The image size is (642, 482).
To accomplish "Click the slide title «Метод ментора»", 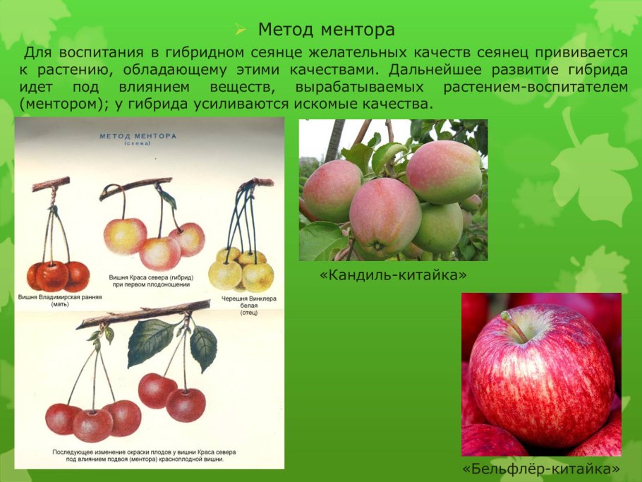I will tap(325, 30).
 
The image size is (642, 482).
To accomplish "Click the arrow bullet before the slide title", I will tap(241, 30).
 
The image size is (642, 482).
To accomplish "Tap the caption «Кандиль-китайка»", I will tap(393, 273).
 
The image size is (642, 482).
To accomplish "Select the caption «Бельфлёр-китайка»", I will tap(541, 468).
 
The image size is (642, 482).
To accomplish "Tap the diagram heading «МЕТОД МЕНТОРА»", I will tap(138, 135).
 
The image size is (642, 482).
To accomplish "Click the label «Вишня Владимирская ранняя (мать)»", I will tap(60, 301).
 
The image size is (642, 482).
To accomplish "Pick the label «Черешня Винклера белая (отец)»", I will tap(248, 304).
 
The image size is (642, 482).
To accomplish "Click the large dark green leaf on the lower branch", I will tap(150, 342).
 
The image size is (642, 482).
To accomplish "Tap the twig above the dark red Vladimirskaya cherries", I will tap(51, 185).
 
